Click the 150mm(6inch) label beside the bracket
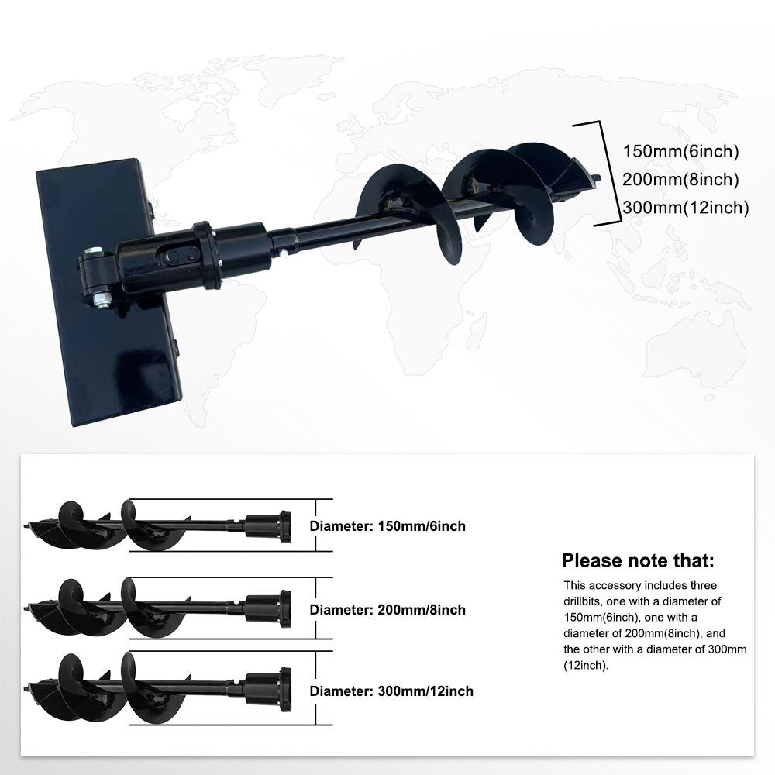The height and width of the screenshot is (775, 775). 680,151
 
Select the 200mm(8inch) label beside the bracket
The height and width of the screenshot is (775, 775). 680,180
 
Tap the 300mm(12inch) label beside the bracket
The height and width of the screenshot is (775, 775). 686,208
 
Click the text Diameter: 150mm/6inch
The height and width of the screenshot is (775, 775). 387,526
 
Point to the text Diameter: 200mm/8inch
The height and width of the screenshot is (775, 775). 387,610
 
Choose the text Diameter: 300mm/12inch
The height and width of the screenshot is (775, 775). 391,691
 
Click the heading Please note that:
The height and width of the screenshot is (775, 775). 638,560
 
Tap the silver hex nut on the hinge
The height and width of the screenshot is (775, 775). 101,299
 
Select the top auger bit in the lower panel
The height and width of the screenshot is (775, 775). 157,525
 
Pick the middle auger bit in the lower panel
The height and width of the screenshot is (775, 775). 157,608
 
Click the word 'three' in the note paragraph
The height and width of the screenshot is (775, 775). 700,586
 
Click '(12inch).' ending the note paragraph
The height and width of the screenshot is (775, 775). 586,665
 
